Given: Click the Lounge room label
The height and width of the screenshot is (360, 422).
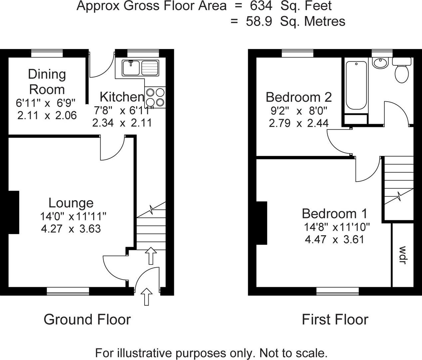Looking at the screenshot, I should [71, 203].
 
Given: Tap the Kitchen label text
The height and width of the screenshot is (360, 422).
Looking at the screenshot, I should [122, 97].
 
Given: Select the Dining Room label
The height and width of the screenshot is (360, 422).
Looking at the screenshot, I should [47, 82].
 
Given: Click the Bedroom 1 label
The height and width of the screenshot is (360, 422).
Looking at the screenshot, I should [334, 213].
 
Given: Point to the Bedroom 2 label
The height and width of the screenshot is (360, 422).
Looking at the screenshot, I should [299, 97].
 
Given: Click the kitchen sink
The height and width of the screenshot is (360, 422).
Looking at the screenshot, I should [140, 68].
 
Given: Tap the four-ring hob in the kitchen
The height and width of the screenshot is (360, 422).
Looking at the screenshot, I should [155, 97].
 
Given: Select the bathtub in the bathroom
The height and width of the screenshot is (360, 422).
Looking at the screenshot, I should [356, 85].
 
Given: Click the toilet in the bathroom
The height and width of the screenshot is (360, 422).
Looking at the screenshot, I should [402, 70].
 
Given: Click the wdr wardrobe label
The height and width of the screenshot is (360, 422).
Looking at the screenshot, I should [402, 255].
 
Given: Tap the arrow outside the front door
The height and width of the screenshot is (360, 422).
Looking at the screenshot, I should [147, 297].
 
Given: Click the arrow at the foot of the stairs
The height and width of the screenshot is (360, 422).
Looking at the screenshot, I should [151, 256].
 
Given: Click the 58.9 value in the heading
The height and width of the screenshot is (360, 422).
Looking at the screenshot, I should [258, 21].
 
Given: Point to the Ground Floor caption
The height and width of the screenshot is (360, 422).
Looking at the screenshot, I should [87, 319].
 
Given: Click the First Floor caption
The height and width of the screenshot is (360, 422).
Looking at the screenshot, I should [335, 319].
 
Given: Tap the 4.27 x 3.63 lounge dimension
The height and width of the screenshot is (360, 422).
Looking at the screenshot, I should [71, 229].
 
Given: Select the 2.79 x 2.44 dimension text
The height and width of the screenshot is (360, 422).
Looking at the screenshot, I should [299, 123].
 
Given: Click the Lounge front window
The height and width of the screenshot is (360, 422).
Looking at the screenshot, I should [68, 291].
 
